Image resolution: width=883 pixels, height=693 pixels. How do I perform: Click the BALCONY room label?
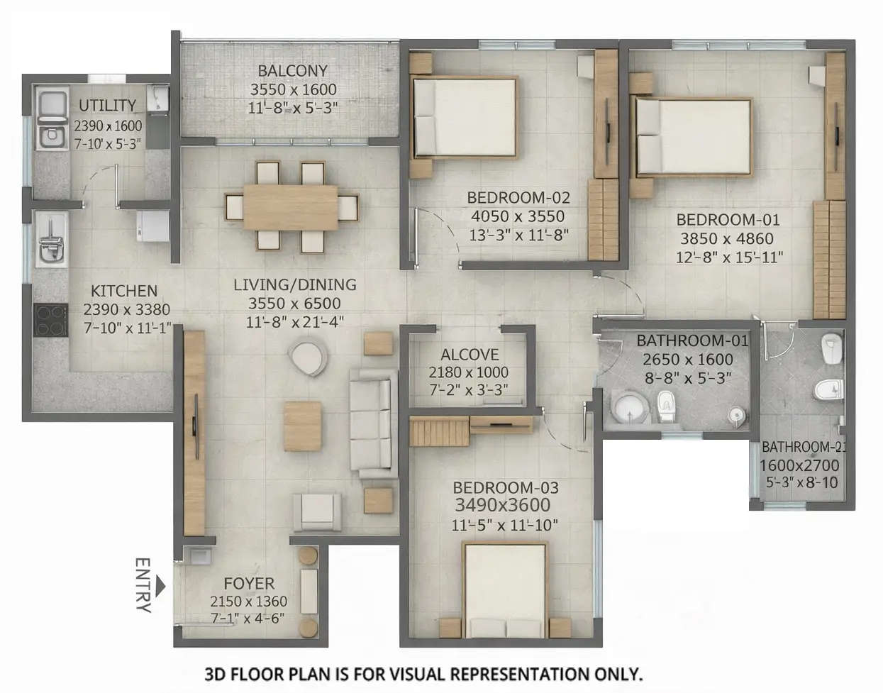(x=292, y=71)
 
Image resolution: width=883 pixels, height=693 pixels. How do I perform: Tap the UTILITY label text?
(x=107, y=106)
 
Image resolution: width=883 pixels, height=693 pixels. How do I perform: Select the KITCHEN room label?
(x=124, y=291)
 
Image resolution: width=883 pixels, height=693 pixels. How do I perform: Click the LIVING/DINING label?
(x=295, y=284)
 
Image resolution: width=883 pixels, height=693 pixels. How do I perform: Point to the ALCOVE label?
(x=470, y=355)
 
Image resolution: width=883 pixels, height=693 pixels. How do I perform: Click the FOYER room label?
(x=248, y=584)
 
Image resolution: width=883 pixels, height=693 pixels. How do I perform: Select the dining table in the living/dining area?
(x=291, y=207)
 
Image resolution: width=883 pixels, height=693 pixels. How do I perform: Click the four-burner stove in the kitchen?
(x=50, y=320)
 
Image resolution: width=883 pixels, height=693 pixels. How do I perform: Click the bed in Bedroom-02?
(x=465, y=117)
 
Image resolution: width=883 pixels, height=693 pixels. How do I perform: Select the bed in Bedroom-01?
(x=692, y=136)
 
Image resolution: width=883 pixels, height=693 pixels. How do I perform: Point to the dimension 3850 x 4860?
(x=726, y=239)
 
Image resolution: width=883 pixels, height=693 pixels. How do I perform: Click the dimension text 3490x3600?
(x=502, y=505)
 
